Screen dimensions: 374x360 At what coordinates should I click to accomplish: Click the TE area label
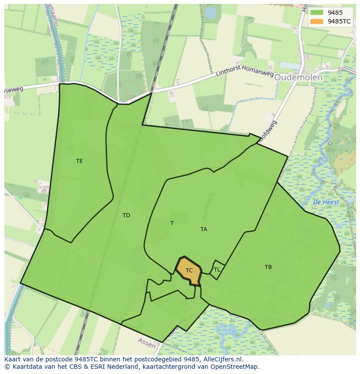click(x=79, y=161)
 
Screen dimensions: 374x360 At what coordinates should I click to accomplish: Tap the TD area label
click(x=126, y=215)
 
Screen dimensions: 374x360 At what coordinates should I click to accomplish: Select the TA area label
click(x=203, y=229)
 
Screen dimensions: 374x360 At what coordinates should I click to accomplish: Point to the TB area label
click(x=268, y=267)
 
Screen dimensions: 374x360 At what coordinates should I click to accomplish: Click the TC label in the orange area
click(x=189, y=271)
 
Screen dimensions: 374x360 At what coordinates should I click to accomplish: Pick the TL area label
click(x=217, y=270)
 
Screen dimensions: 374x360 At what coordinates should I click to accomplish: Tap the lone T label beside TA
click(x=172, y=223)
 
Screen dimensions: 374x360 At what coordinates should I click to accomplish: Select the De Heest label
click(x=326, y=202)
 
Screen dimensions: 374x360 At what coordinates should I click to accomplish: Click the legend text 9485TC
click(x=340, y=21)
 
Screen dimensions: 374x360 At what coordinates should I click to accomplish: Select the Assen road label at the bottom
click(x=147, y=342)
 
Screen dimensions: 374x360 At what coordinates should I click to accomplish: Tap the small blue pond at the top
click(x=210, y=13)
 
